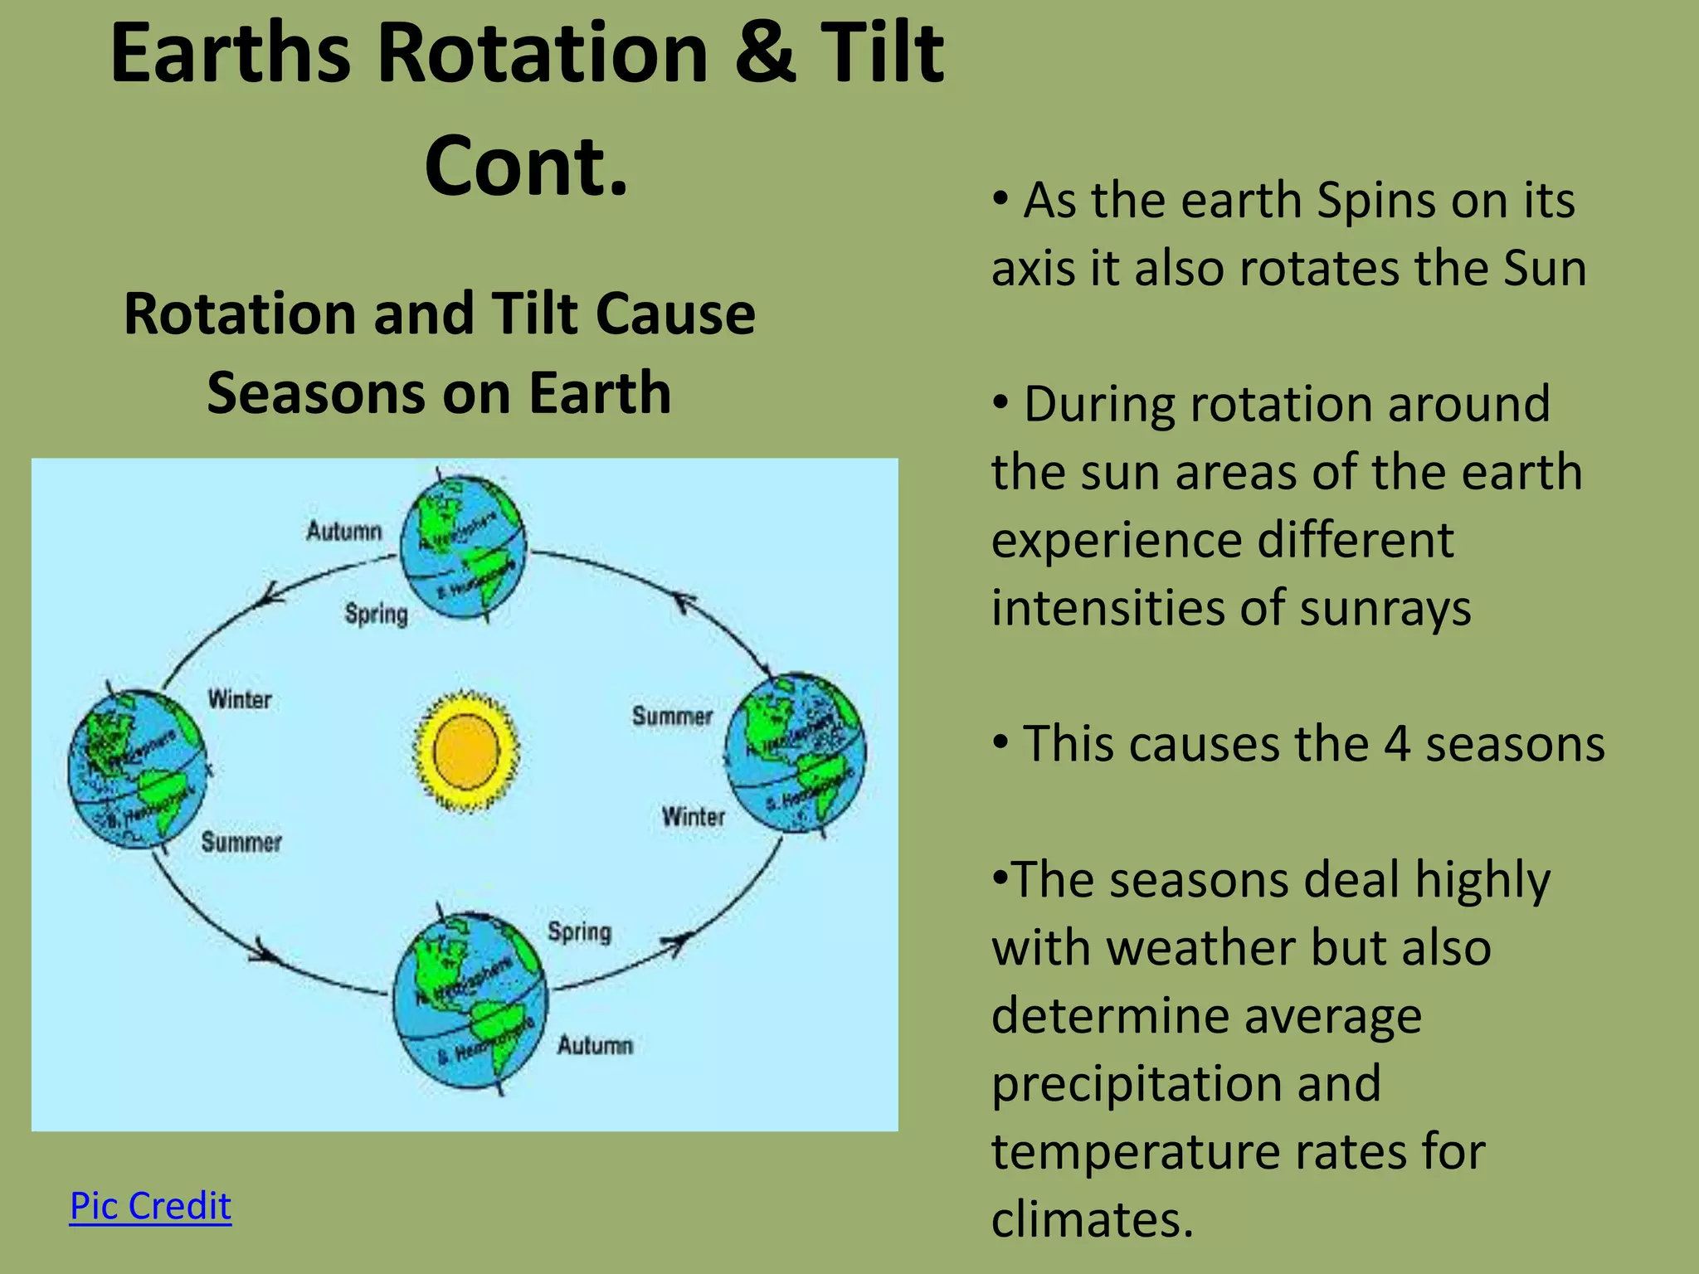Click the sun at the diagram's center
pos(466,751)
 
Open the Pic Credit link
pos(150,1205)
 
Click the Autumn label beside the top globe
pos(344,531)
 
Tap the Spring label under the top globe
pos(377,614)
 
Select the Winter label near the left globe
pos(240,699)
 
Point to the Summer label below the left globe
pos(241,843)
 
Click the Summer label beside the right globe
pos(672,716)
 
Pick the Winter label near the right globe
pos(694,817)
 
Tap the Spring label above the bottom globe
pos(579,931)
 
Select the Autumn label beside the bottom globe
pos(595,1045)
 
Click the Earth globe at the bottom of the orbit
pos(470,1004)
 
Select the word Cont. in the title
pos(526,166)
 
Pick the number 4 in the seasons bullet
pos(1397,743)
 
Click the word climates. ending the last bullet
pos(1092,1219)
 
